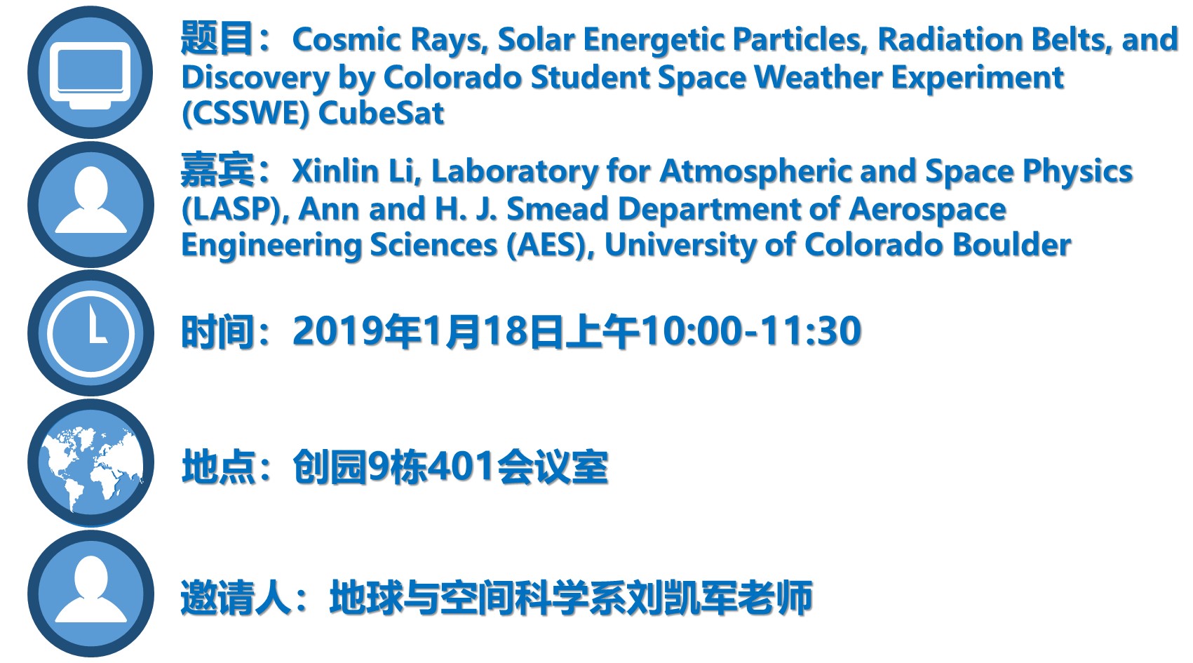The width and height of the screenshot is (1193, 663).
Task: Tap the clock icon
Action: pos(90,333)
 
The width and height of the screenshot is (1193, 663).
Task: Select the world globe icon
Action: pos(90,462)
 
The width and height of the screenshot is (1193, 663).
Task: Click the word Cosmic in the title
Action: pos(346,39)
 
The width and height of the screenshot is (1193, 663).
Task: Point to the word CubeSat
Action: pos(381,113)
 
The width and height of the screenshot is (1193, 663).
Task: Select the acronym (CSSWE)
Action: pos(245,114)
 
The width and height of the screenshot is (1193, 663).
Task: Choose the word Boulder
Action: pos(1011,245)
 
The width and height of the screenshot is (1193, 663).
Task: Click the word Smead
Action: pos(557,208)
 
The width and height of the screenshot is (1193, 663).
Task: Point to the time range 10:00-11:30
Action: pos(751,331)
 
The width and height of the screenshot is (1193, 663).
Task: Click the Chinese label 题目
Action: pos(217,39)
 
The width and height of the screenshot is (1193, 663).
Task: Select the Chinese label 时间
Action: pos(217,331)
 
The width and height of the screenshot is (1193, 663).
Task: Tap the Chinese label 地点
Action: pos(218,467)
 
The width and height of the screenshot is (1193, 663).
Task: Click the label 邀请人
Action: pos(235,598)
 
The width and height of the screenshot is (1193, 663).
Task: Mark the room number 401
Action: pos(461,467)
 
